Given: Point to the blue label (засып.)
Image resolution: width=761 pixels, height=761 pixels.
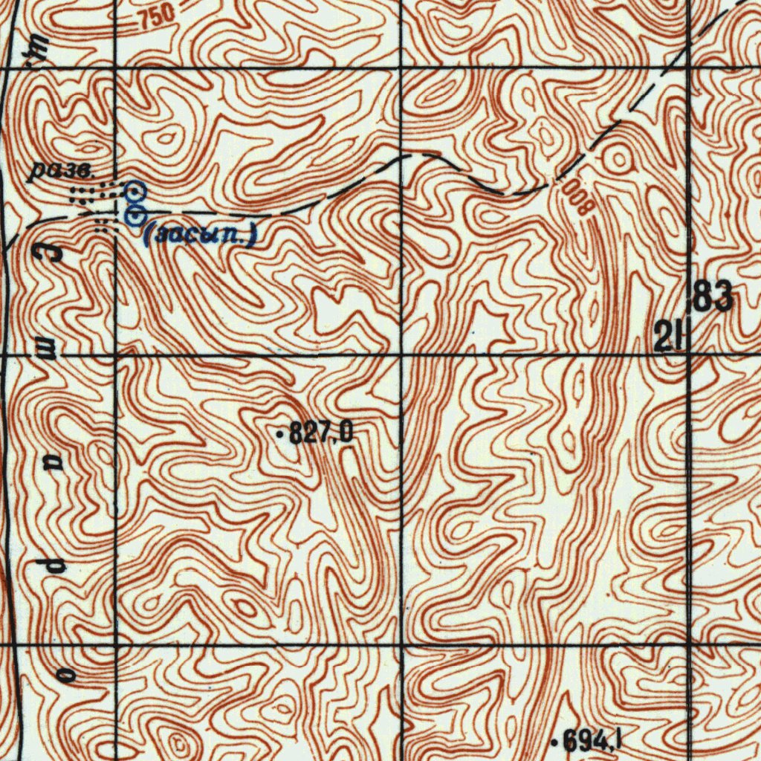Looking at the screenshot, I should click(201, 236).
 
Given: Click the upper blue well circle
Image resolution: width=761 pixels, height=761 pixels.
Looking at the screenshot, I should click(135, 192).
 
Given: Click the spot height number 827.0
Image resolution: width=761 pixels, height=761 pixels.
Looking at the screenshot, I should click(320, 433).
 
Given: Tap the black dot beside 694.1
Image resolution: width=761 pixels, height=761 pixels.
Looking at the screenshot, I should click(554, 741).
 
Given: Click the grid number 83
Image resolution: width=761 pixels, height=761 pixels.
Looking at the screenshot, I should click(713, 298).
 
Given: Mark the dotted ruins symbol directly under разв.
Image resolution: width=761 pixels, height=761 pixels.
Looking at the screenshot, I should click(88, 196).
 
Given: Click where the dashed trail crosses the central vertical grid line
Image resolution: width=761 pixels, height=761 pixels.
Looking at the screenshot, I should click(401, 157).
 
